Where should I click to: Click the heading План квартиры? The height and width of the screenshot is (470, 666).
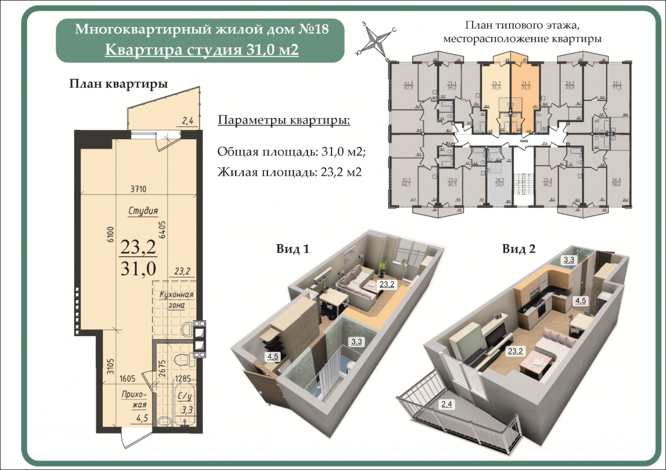(x=118, y=83)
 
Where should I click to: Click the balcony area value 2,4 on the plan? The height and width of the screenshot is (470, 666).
(x=188, y=122)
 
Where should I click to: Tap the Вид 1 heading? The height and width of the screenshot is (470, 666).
(x=293, y=249)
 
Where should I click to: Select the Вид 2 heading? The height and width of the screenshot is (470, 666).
(x=518, y=249)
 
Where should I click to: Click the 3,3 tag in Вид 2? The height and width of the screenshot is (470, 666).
(x=569, y=259)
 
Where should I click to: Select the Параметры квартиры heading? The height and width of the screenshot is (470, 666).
(x=284, y=120)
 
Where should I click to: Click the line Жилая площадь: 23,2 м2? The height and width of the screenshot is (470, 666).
(x=289, y=172)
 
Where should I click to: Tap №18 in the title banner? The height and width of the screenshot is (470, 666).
(x=313, y=28)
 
